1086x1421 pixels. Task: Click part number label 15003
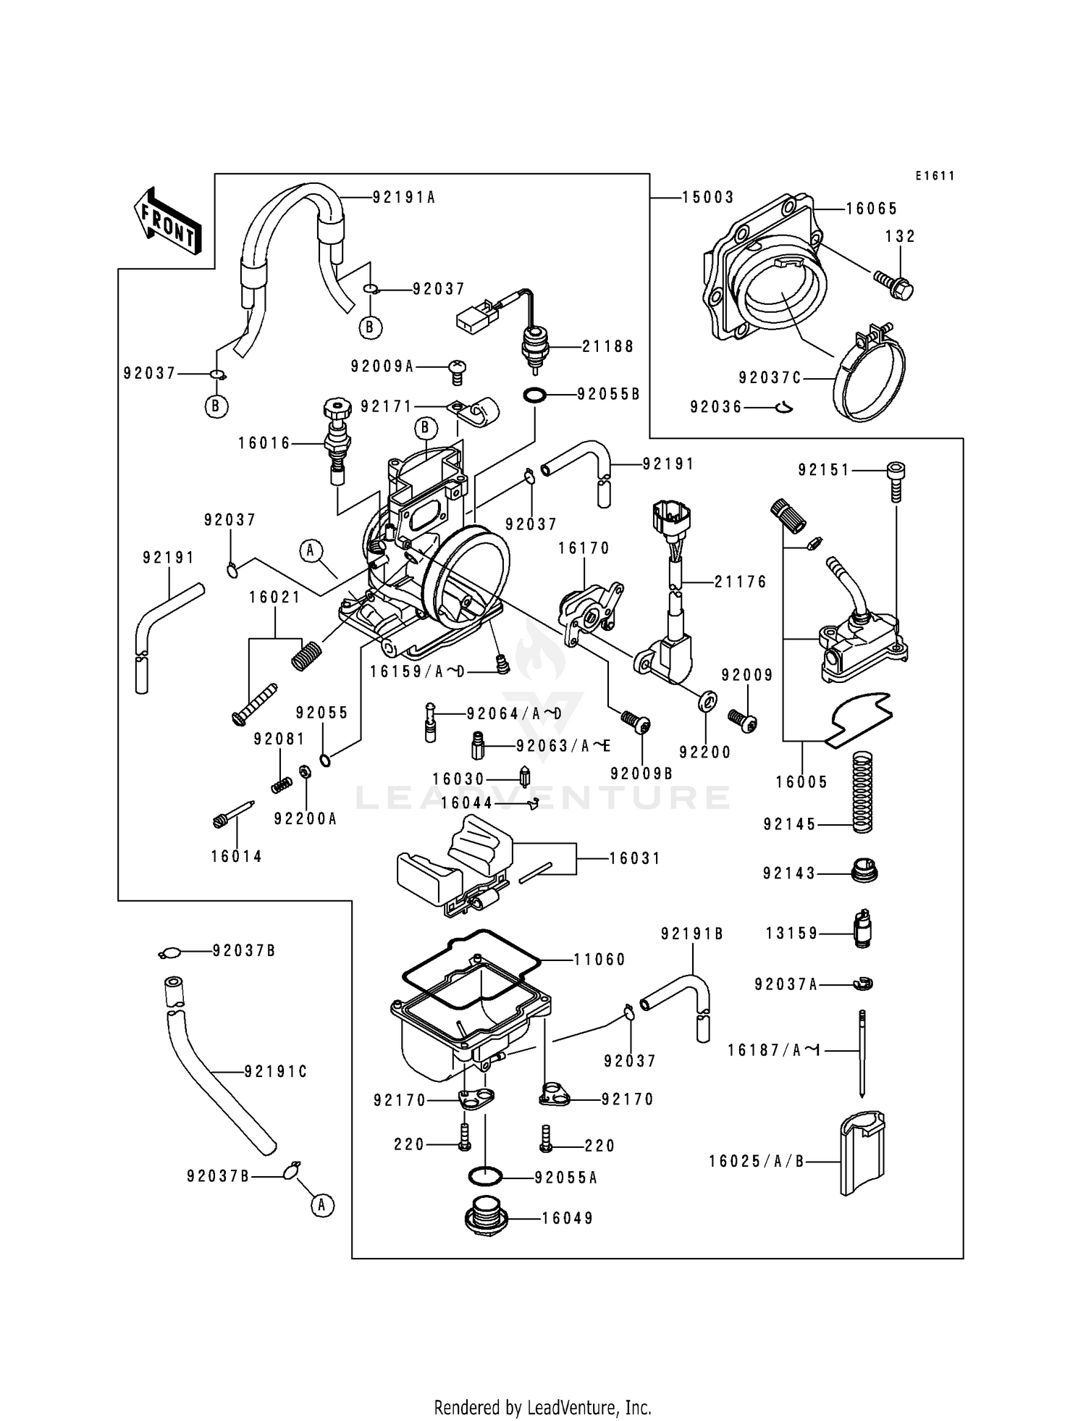tap(708, 198)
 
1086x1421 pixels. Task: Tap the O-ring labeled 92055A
tap(486, 1178)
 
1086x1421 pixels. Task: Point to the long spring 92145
tap(862, 791)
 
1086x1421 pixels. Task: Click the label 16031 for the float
tap(635, 859)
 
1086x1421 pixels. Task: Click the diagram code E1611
tap(935, 176)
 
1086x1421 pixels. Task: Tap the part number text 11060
tap(599, 960)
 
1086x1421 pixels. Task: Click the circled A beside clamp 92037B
tap(322, 1205)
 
